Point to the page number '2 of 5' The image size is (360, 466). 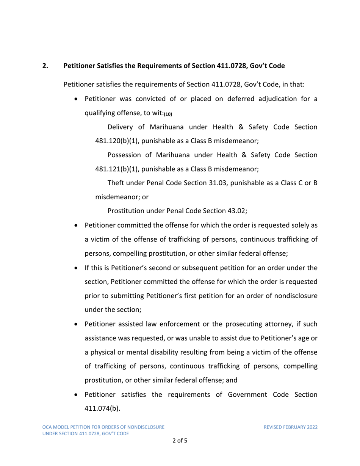click(x=180, y=441)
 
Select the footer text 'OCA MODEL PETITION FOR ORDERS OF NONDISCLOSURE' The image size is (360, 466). click(x=103, y=427)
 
